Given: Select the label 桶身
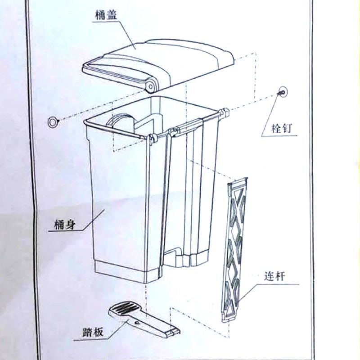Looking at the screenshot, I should coord(62,222).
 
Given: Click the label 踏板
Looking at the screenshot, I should coord(93,333).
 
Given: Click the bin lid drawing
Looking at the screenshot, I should coord(166,63).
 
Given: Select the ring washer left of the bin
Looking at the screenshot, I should coord(53,121).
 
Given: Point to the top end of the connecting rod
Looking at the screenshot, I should coord(238,182).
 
